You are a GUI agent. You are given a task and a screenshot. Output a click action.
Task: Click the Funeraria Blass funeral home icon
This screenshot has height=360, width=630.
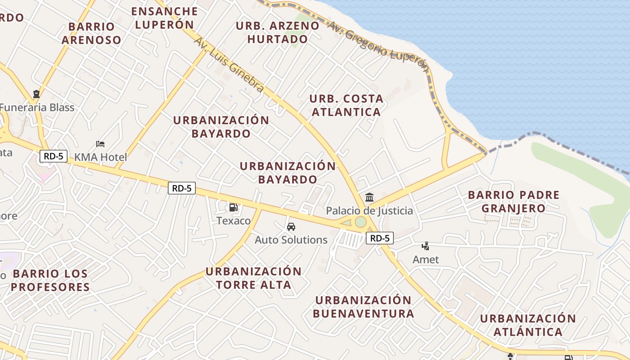click(36, 94)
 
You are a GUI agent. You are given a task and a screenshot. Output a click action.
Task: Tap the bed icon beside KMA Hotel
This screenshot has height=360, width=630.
click(100, 144)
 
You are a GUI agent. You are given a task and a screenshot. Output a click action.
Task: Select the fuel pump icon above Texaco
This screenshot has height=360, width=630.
click(233, 207)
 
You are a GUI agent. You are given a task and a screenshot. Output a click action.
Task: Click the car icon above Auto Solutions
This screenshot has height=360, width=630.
click(291, 227)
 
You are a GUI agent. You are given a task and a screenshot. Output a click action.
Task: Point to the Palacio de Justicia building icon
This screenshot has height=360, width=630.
click(369, 197)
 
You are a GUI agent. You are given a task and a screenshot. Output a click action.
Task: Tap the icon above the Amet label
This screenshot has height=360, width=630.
click(425, 246)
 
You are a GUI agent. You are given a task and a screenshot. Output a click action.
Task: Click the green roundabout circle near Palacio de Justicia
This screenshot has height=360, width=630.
click(360, 222)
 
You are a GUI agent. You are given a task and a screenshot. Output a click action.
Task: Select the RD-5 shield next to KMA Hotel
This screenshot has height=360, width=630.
click(54, 156)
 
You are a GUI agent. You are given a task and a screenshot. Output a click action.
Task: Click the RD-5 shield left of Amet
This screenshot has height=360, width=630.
click(380, 238)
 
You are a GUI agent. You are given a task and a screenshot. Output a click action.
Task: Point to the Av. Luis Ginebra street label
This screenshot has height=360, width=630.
click(229, 65)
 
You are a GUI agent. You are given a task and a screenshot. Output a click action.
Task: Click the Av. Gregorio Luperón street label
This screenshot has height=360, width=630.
click(378, 45)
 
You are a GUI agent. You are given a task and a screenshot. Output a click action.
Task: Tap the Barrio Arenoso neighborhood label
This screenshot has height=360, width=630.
click(92, 33)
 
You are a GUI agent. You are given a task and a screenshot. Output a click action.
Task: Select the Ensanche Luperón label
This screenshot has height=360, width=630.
click(164, 18)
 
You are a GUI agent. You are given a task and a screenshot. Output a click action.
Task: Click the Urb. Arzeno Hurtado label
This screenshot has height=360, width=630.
click(278, 32)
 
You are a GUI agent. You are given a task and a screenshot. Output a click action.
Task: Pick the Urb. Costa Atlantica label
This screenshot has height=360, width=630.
click(346, 105)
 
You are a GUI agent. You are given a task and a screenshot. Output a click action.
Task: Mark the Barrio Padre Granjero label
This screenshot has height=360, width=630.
click(513, 201)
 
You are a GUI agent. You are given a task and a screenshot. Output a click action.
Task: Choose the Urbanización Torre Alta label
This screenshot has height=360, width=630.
click(253, 278)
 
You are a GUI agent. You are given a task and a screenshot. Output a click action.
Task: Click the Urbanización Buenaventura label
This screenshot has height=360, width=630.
click(363, 306)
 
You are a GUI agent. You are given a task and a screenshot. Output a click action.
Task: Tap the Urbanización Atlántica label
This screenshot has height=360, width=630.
click(528, 325)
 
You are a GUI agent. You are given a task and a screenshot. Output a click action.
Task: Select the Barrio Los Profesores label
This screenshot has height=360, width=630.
click(50, 280)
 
